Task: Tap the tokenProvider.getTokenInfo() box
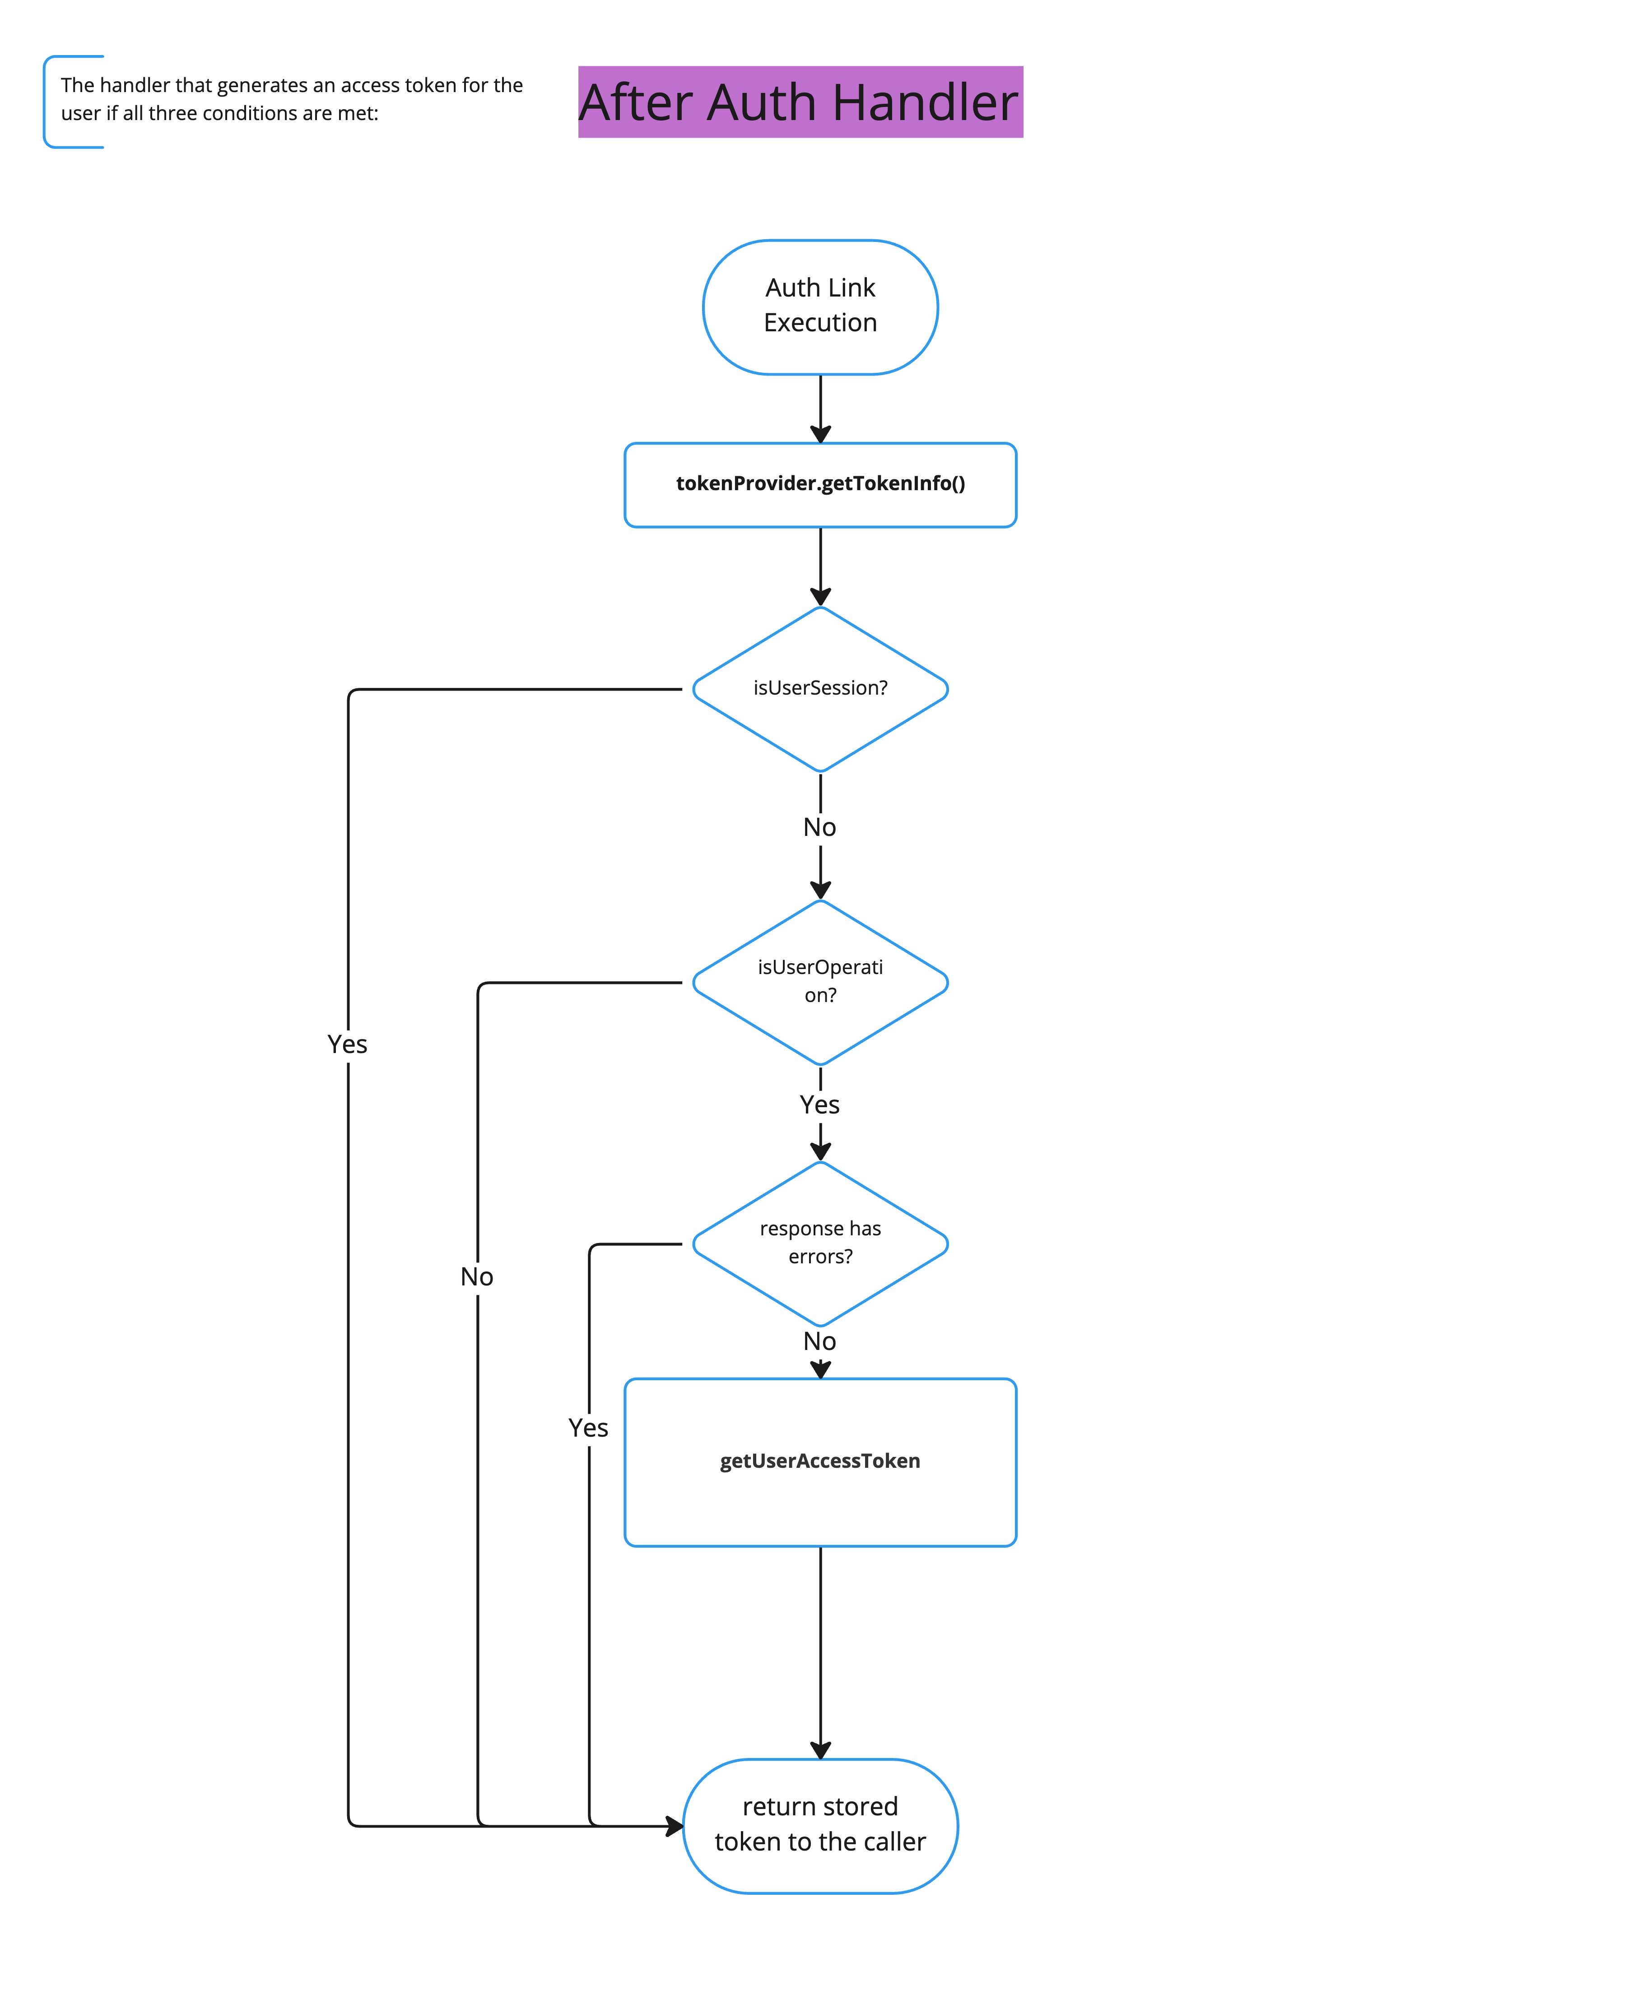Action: (820, 484)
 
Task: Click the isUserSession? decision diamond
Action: (820, 688)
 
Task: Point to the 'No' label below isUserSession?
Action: (819, 827)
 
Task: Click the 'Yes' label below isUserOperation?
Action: (819, 1104)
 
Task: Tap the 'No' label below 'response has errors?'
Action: (819, 1341)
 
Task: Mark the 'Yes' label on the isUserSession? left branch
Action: (347, 1044)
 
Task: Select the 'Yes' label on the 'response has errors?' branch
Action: (588, 1428)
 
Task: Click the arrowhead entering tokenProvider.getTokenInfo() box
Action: (820, 434)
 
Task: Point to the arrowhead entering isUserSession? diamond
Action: (820, 596)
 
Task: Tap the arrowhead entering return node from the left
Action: (674, 1826)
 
